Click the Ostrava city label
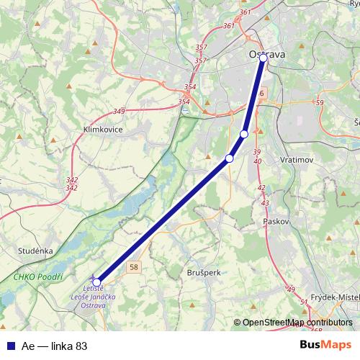tap(267, 54)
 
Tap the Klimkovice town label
tap(103, 129)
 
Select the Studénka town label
tap(35, 251)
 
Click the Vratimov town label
tap(296, 158)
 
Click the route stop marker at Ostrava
tap(264, 60)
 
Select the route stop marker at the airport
tap(97, 282)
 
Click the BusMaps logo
tap(325, 346)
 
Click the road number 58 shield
tap(135, 267)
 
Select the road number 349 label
tap(119, 111)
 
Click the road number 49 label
tap(290, 289)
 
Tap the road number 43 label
tap(264, 203)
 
